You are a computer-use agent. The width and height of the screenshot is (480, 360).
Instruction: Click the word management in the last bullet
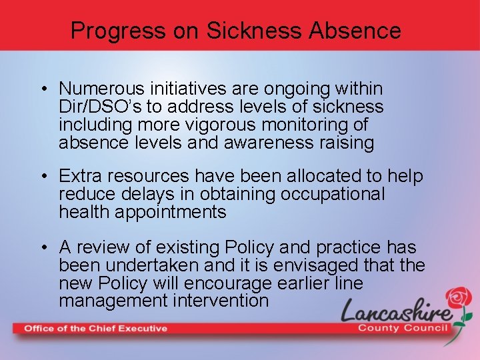[x=112, y=301]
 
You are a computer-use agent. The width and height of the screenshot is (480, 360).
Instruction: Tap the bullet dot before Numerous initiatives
[x=43, y=89]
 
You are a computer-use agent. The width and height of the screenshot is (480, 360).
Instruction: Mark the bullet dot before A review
[x=43, y=248]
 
